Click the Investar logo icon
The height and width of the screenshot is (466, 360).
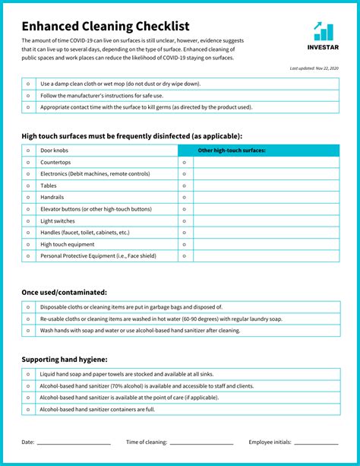click(323, 31)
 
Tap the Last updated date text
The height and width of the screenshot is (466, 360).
click(314, 68)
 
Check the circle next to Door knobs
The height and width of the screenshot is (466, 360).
click(28, 151)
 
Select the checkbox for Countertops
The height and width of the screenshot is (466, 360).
click(28, 163)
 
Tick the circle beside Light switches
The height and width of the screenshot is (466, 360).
click(28, 220)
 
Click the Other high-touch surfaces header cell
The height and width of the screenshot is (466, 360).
click(232, 151)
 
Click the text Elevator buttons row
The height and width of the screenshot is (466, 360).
click(96, 209)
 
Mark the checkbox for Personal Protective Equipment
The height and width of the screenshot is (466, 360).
click(28, 256)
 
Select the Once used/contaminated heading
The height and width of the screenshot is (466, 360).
click(64, 292)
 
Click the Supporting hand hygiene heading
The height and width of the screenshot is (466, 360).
click(65, 359)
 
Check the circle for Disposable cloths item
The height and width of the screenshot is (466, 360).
click(28, 307)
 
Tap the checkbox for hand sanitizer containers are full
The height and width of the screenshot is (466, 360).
click(28, 410)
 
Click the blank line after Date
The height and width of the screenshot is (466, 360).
click(74, 443)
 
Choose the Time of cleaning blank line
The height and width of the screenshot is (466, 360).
click(201, 443)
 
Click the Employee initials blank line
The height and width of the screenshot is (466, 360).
click(316, 443)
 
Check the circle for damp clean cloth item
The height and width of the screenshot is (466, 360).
click(28, 84)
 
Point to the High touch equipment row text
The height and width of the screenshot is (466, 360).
click(68, 244)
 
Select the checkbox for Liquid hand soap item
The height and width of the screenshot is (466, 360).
click(28, 374)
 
